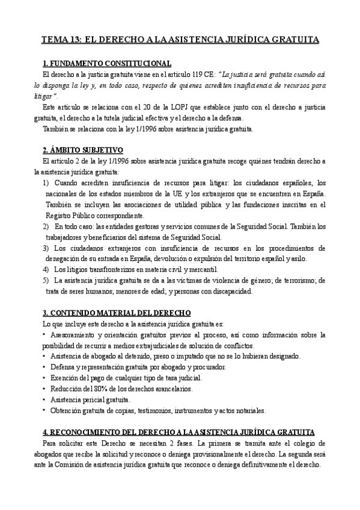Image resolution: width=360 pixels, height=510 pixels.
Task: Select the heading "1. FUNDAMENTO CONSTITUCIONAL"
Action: click(108, 64)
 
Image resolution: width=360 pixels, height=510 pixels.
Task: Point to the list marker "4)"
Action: click(46, 269)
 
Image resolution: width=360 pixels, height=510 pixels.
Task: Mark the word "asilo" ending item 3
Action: click(297, 258)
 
